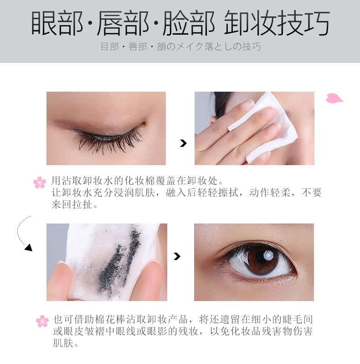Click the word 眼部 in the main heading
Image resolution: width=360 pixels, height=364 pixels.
(57, 23)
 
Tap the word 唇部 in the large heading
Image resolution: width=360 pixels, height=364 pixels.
(123, 23)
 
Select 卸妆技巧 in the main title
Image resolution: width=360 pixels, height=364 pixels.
(277, 23)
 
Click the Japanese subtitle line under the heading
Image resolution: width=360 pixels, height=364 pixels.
(181, 47)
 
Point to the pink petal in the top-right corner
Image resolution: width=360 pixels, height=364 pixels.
(334, 98)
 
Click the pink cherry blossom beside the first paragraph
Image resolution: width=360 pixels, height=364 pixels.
(40, 182)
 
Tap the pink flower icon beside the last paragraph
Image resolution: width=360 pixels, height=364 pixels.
(42, 321)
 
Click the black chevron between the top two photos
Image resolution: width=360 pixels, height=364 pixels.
(183, 143)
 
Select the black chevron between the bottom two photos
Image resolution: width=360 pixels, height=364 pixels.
(177, 256)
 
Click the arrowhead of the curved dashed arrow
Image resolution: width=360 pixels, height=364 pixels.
(29, 248)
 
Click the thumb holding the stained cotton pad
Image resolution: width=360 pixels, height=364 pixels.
(152, 281)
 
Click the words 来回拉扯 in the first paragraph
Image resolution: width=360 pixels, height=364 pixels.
(72, 205)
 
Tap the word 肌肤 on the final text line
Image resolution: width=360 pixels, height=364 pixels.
(63, 343)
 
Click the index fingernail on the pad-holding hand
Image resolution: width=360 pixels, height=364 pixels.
(246, 105)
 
